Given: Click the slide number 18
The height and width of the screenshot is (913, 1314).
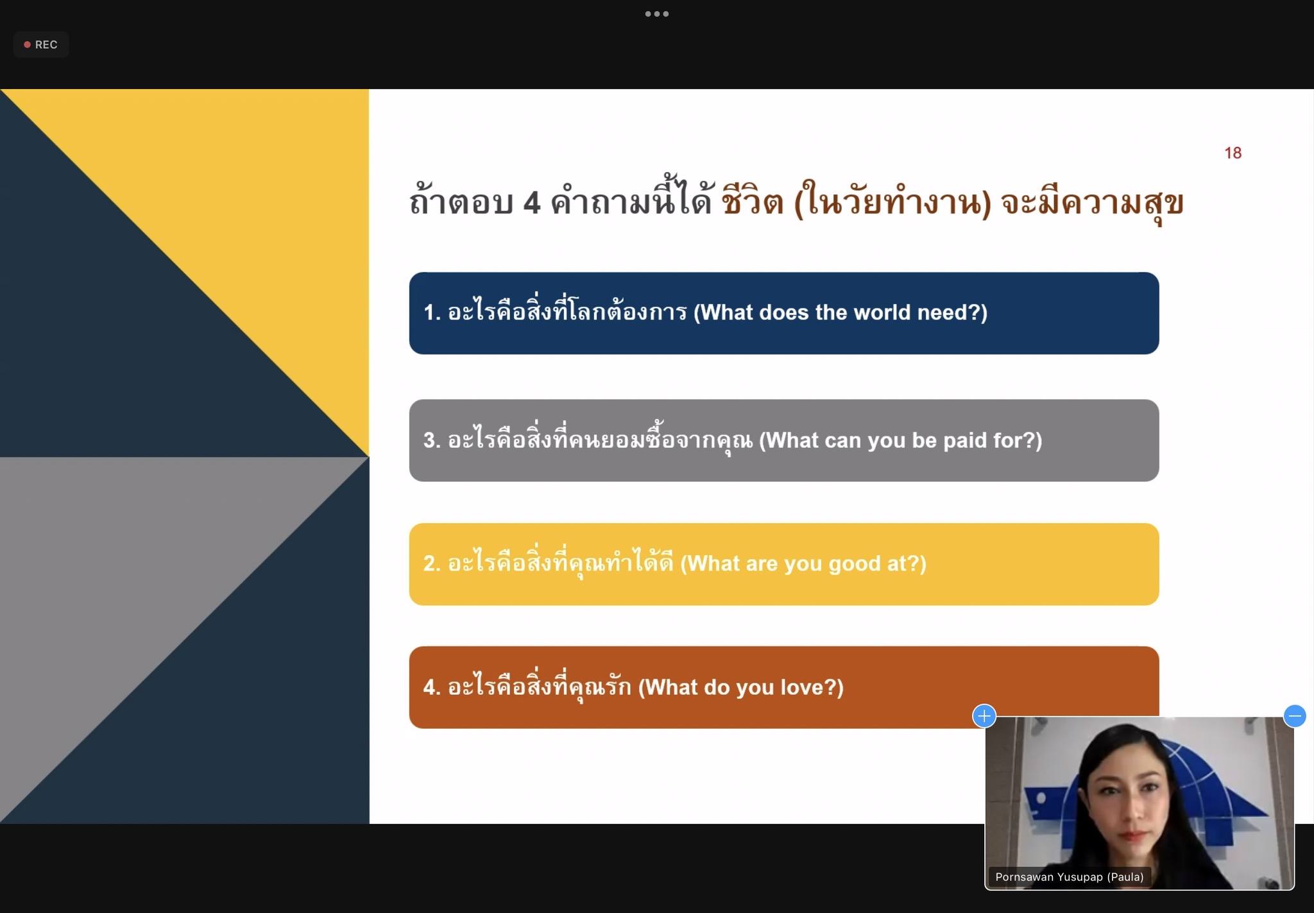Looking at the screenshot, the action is coord(1233,153).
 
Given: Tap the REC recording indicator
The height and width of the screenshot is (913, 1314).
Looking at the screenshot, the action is coord(41,44).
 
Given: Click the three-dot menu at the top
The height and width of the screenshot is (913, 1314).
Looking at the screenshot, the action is coord(657,13).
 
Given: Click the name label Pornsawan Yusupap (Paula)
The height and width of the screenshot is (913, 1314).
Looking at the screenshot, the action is coord(1069,876).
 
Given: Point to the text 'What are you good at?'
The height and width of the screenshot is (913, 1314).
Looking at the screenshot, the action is coord(803,563).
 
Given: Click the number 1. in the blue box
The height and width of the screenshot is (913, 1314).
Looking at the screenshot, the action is coord(432,312).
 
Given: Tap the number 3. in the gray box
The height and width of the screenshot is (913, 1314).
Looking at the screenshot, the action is coord(432,440).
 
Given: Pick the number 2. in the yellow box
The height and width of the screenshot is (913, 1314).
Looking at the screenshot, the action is coord(432,563).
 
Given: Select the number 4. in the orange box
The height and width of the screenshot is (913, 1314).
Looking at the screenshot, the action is coord(432,687).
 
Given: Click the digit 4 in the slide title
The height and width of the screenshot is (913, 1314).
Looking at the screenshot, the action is coord(532,203).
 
